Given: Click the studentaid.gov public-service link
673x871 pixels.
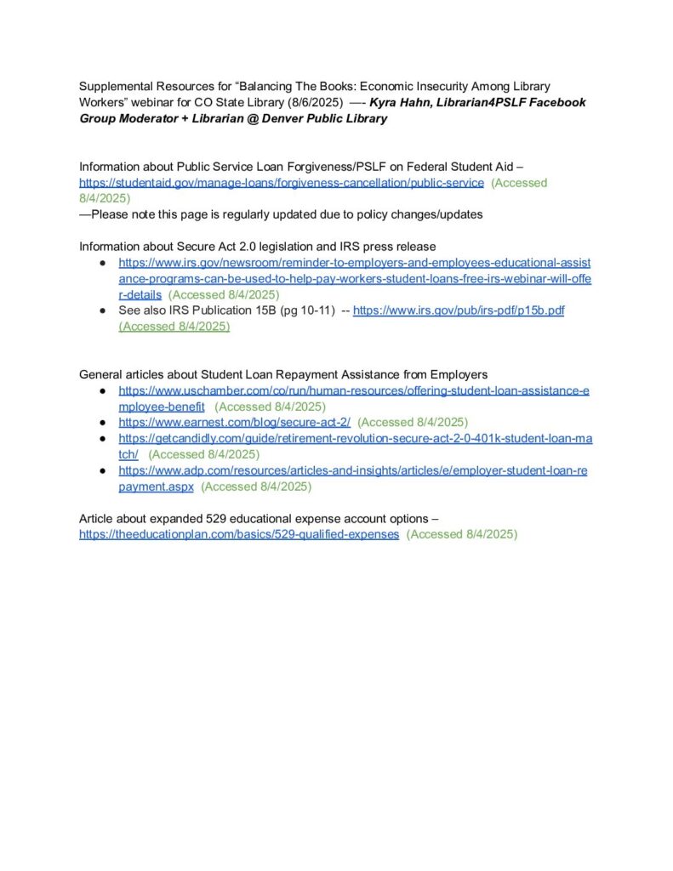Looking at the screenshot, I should [282, 183].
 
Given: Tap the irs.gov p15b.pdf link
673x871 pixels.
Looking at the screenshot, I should [459, 310].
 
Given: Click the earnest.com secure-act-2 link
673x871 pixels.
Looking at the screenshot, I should [234, 422].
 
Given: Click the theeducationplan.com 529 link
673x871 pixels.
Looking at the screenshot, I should [239, 534].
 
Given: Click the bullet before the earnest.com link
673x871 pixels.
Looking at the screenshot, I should [102, 422].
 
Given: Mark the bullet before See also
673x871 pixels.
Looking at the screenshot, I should [102, 310].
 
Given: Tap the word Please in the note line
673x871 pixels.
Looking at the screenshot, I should [110, 214].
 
